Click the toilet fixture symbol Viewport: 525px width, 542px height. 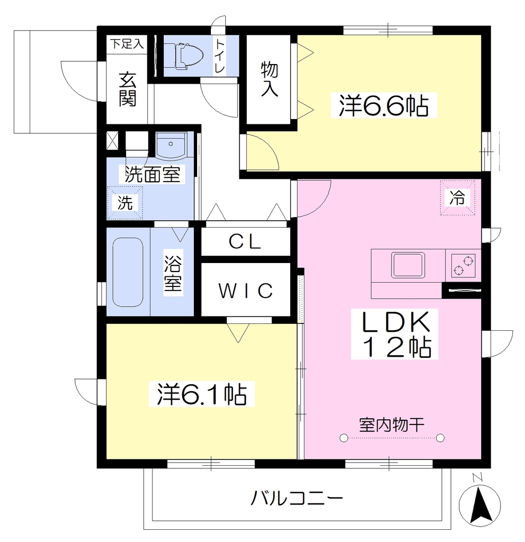[183, 55]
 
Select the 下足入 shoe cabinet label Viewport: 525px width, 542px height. [127, 44]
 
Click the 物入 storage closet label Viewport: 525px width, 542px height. [269, 79]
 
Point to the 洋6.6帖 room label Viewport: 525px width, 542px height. [384, 105]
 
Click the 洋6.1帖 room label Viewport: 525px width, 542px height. [202, 394]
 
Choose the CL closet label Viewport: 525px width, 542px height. [245, 241]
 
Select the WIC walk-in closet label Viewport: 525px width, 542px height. [246, 291]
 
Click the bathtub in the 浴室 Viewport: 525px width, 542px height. [128, 272]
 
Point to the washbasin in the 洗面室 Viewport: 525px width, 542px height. [171, 146]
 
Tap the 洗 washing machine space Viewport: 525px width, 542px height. [125, 203]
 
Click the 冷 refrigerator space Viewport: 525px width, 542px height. [458, 198]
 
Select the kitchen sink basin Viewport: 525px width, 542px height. [408, 265]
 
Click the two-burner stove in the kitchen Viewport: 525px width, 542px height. [463, 265]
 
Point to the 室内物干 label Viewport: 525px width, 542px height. [391, 425]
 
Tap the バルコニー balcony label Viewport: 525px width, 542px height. [297, 499]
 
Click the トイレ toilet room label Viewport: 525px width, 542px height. [219, 56]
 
